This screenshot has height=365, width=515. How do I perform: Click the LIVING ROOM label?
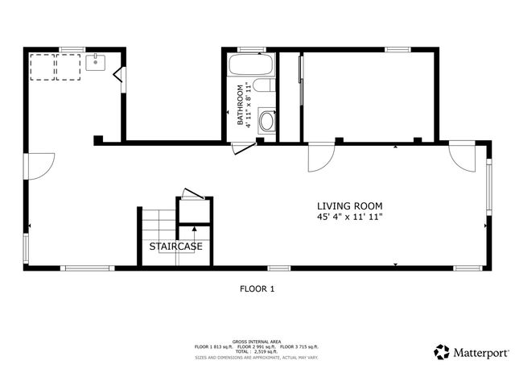(349, 205)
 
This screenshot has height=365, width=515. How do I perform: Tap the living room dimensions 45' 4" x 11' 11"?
(349, 217)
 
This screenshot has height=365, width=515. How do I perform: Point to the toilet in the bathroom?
(267, 121)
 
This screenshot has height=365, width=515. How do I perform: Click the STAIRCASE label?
(175, 246)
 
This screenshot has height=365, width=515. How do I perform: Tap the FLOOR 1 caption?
(257, 288)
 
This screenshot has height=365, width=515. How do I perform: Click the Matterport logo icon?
(441, 351)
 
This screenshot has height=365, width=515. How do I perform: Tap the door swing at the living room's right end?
(463, 157)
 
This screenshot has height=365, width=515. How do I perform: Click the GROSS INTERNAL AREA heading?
(257, 341)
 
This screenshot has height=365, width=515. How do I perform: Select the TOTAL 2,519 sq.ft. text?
(257, 351)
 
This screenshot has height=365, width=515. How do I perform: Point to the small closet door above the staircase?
(192, 194)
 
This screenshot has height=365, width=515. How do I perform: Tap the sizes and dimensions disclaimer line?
(257, 357)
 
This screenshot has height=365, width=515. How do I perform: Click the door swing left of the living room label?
(321, 157)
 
